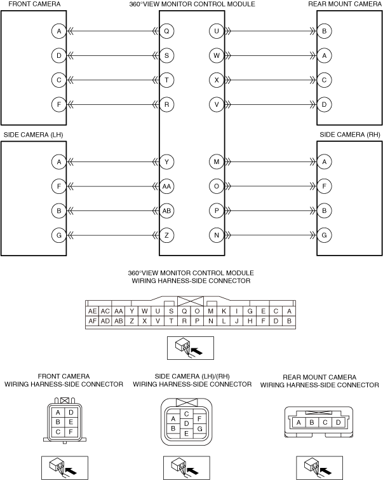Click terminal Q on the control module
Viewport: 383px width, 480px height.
click(166, 31)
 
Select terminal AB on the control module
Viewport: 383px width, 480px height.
click(166, 210)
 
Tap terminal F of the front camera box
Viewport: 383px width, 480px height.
click(59, 104)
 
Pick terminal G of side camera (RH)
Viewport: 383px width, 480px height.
click(325, 235)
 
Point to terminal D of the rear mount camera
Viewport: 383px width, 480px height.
click(325, 104)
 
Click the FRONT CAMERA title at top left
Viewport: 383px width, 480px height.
click(34, 4)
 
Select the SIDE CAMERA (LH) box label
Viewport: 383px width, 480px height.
click(33, 135)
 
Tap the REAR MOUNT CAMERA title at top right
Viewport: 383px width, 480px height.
click(345, 4)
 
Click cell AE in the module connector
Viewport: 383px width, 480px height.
click(92, 311)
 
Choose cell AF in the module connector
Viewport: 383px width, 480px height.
click(92, 321)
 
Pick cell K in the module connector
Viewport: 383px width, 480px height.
click(224, 311)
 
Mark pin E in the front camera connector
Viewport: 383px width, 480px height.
click(71, 422)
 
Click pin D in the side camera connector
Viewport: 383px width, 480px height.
click(186, 423)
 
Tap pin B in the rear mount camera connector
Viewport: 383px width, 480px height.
click(312, 422)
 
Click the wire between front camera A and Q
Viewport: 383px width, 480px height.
click(113, 31)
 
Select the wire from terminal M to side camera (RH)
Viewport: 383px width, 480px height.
click(271, 161)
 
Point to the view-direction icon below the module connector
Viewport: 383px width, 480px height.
click(191, 348)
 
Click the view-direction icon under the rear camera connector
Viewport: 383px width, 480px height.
click(319, 468)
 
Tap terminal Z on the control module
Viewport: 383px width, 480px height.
click(166, 235)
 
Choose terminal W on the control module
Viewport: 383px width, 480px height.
click(217, 55)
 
